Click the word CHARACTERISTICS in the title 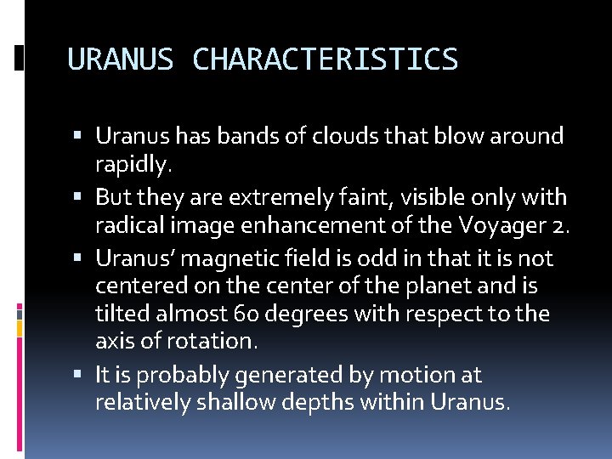(326, 60)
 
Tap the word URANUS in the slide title (120, 60)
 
